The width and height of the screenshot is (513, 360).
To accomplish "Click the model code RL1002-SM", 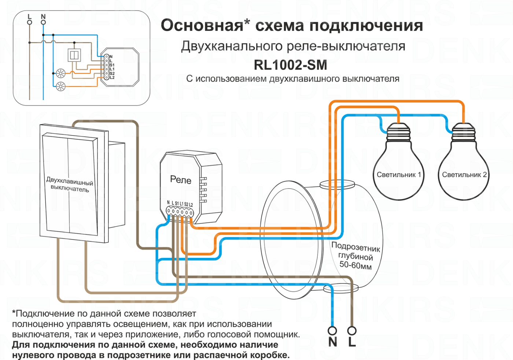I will coord(290,65).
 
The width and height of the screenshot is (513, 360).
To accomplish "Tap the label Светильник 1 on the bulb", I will coord(399,175).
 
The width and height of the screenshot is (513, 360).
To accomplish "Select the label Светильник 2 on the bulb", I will coord(464,175).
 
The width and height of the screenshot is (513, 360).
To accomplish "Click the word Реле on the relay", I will coord(181,179).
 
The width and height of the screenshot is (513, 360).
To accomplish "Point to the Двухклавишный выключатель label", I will coord(70,185).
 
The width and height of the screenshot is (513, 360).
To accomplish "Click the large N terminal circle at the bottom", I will coord(332,331).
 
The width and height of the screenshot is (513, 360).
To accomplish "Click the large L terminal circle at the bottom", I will coord(352,331).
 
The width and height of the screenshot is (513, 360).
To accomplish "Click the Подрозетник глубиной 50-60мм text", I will coord(355,255).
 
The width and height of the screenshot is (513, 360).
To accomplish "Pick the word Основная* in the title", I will coord(205,26).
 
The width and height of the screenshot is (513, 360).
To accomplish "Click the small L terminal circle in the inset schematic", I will coord(30,22).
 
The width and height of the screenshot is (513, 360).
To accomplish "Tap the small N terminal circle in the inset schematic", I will coord(43,22).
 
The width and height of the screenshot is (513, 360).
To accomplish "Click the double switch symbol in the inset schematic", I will coord(74,55).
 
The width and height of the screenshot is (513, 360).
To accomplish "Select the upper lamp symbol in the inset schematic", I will coord(61,74).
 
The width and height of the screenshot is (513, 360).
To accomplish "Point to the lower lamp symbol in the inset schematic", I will coord(61,86).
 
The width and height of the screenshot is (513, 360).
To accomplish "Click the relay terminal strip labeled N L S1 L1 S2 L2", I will coord(180,212).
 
